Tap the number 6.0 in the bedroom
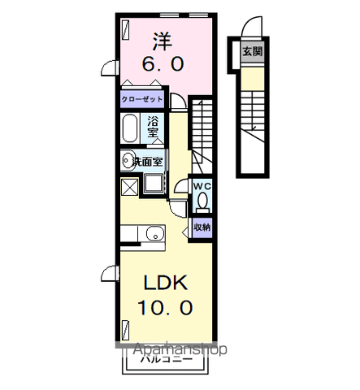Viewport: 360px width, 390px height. (163, 63)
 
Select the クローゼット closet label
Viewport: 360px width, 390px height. (142, 100)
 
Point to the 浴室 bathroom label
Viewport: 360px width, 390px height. (154, 127)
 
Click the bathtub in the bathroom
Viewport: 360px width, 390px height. (130, 128)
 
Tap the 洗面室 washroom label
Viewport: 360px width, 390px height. (148, 160)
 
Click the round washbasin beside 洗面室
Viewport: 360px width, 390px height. (127, 160)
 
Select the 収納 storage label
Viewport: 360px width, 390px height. (202, 227)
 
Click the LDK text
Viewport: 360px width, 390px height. (167, 283)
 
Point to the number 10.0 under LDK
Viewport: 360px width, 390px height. (167, 308)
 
